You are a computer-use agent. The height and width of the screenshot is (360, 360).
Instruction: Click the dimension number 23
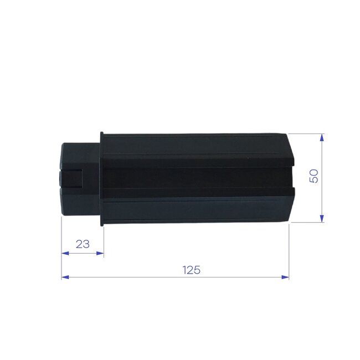83,243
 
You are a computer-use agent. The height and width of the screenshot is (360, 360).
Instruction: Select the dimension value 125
191,270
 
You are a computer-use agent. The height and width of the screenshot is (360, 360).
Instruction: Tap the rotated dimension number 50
313,177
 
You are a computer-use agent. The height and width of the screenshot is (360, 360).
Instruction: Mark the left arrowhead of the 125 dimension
64,276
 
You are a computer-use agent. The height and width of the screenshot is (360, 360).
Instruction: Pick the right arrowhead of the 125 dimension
286,276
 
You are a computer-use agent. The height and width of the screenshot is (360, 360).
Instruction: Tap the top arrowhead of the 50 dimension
322,137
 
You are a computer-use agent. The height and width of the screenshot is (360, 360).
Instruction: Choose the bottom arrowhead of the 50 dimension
322,219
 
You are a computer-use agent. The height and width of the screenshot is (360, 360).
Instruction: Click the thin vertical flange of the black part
101,179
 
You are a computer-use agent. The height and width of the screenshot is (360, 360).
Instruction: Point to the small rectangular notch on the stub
73,179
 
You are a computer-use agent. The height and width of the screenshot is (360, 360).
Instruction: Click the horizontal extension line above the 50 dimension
305,133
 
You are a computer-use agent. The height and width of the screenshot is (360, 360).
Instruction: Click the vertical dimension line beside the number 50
322,199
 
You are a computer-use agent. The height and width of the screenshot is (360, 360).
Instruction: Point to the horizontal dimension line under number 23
83,253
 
